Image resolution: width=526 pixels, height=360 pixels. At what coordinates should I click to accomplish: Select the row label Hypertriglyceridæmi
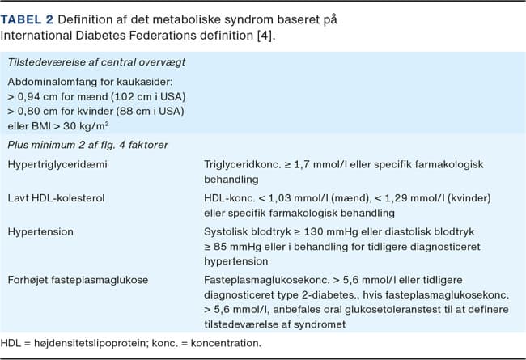pos(57,164)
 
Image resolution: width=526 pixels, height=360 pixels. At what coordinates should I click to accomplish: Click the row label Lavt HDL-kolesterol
pos(57,198)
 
